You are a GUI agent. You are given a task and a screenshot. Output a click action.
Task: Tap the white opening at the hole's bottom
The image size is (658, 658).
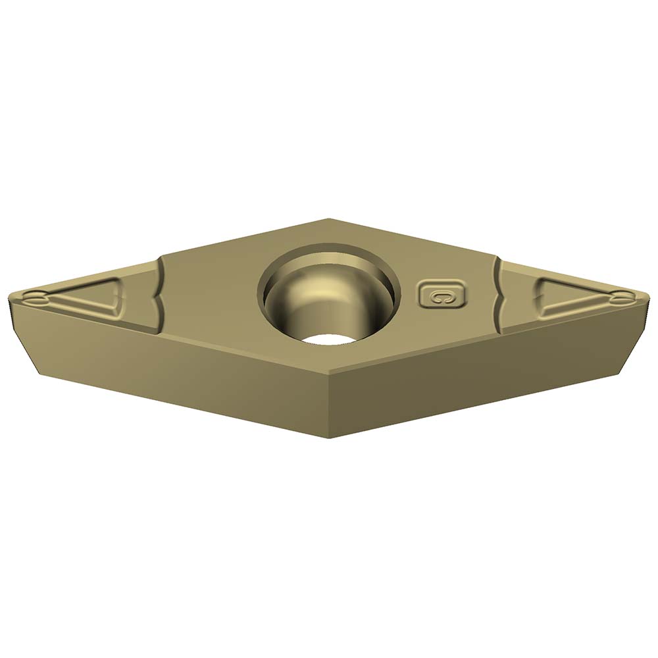point(327,339)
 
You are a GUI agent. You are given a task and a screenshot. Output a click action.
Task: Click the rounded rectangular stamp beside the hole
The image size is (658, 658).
point(442,295)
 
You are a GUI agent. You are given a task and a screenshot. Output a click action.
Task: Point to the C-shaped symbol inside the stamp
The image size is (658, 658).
point(442,296)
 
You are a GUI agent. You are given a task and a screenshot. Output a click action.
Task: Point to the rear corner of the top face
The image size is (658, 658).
point(328,220)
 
